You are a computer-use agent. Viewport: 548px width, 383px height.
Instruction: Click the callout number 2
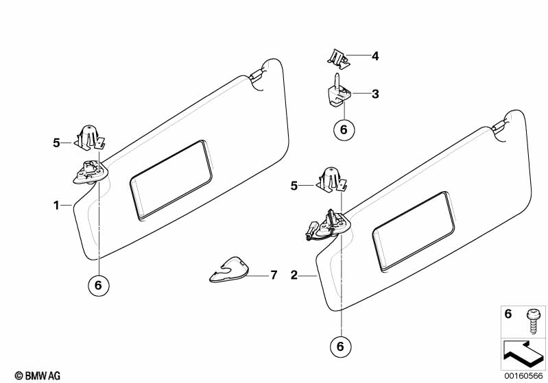(294, 275)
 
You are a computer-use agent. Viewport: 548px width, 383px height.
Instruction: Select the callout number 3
(375, 94)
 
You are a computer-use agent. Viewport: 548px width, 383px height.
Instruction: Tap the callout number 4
(375, 56)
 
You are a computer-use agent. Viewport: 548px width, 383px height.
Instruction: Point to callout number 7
(273, 275)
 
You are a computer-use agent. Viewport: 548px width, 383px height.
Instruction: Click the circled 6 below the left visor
(98, 286)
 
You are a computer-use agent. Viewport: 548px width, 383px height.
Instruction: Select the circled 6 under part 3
(344, 129)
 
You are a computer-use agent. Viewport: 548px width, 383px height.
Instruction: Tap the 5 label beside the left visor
(56, 143)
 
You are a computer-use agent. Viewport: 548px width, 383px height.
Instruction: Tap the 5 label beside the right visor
(294, 185)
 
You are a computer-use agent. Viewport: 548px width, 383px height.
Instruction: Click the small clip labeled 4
(337, 58)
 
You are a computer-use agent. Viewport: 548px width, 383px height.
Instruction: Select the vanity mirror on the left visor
(171, 179)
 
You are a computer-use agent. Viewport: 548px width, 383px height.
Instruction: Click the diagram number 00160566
(525, 375)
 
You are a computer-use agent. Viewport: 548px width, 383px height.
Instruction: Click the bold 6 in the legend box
(508, 314)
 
